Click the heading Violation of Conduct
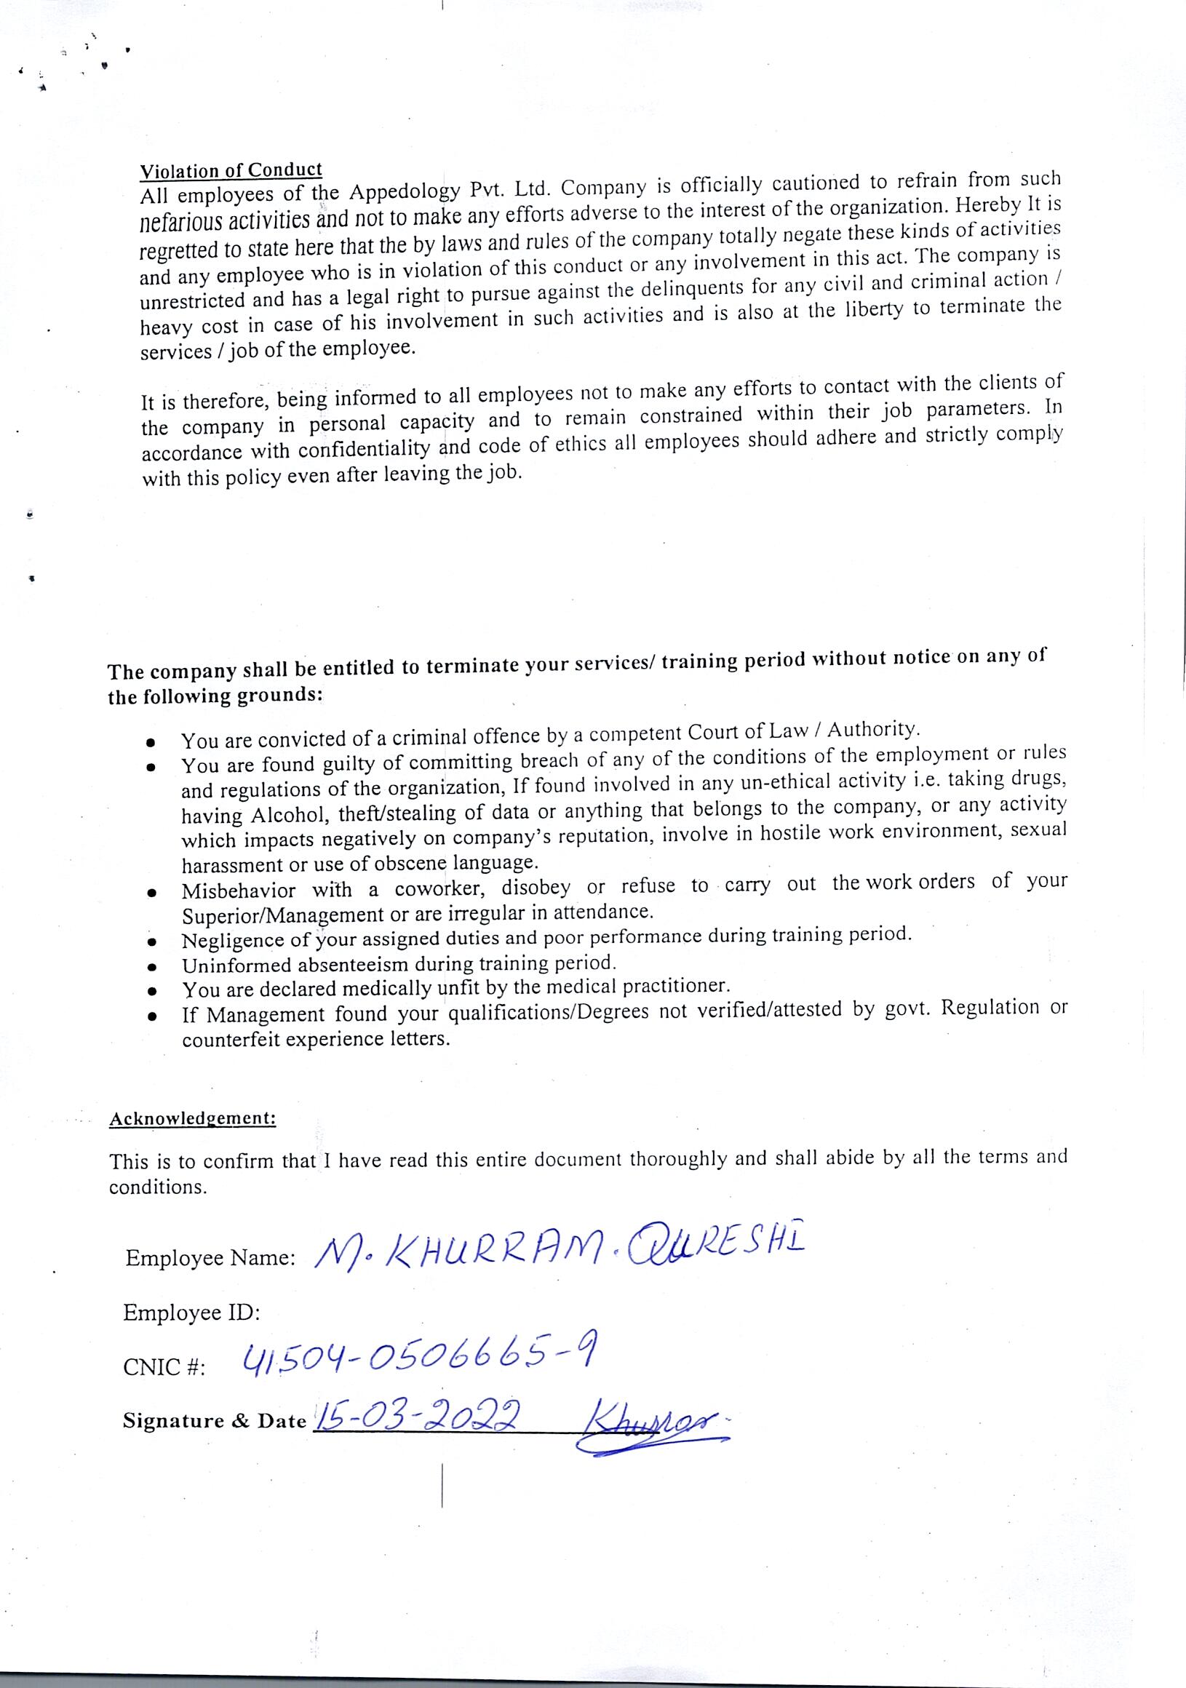pyautogui.click(x=231, y=170)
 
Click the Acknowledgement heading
pyautogui.click(x=193, y=1119)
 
